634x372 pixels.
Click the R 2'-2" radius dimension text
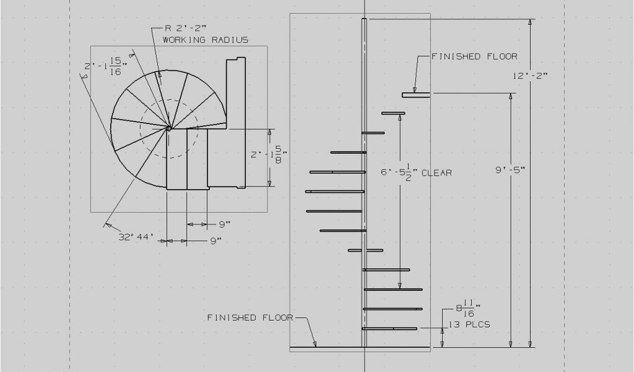click(x=186, y=28)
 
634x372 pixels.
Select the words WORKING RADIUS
click(x=206, y=40)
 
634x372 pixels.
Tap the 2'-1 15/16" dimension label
click(x=103, y=66)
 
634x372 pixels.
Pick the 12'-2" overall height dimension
click(x=531, y=76)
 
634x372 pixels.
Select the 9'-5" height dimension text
click(x=510, y=170)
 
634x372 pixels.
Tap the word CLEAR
click(x=436, y=173)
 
